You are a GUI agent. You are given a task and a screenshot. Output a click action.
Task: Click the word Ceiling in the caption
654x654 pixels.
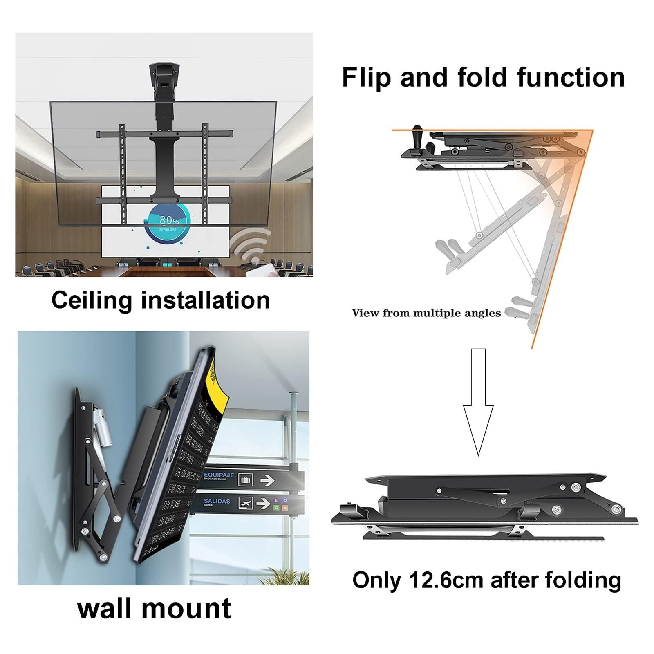pyautogui.click(x=92, y=300)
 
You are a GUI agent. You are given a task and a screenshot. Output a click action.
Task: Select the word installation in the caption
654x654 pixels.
pyautogui.click(x=205, y=300)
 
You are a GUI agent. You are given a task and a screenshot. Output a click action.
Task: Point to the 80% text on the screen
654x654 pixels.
pyautogui.click(x=169, y=220)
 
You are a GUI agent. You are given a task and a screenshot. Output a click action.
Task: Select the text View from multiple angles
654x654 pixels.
pyautogui.click(x=426, y=313)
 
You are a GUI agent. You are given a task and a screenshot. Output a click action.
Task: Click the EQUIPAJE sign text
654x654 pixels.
pyautogui.click(x=219, y=475)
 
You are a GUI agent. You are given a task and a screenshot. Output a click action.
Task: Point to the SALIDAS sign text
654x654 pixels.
pyautogui.click(x=217, y=501)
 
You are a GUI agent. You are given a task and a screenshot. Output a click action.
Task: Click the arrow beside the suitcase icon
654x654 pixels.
pyautogui.click(x=267, y=480)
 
